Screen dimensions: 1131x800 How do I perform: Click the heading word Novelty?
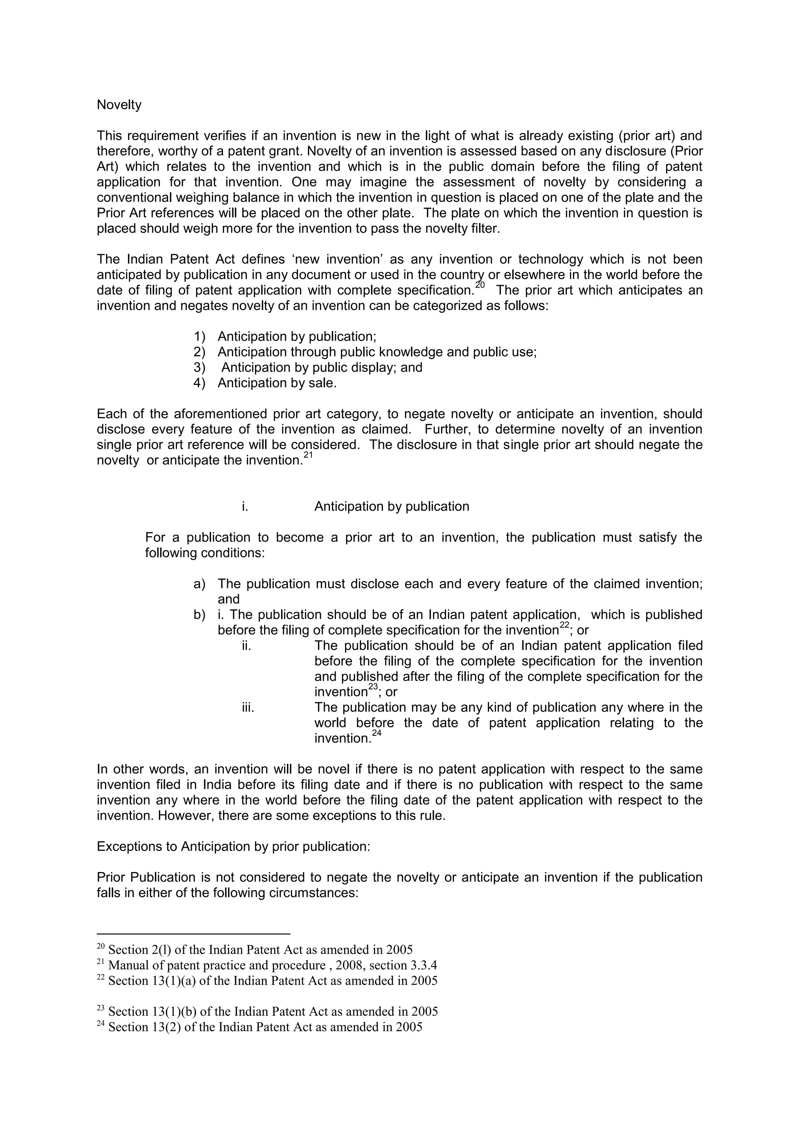coord(119,105)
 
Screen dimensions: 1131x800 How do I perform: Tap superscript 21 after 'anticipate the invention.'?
coord(308,456)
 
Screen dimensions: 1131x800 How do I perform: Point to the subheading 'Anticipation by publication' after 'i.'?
coord(392,507)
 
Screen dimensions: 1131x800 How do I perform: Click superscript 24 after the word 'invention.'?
coord(376,733)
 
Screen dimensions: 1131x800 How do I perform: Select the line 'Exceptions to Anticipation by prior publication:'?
coord(233,846)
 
